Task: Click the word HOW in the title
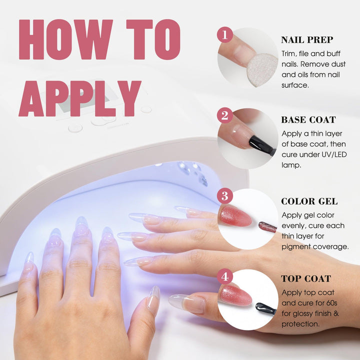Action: [x=66, y=39]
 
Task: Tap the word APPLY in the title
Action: [x=80, y=98]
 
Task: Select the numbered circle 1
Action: [x=225, y=35]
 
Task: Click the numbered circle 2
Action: [x=225, y=115]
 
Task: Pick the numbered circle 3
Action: [x=225, y=196]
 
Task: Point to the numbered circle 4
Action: [x=225, y=276]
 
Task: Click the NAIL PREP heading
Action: [x=307, y=40]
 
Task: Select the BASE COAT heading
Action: [x=308, y=120]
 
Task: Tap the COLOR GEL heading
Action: [x=309, y=201]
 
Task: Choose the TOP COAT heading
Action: [x=306, y=278]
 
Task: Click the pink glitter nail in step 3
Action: [x=235, y=216]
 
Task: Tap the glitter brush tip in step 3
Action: [x=267, y=227]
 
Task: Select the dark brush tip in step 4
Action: [x=265, y=308]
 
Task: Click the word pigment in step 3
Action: [x=296, y=247]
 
